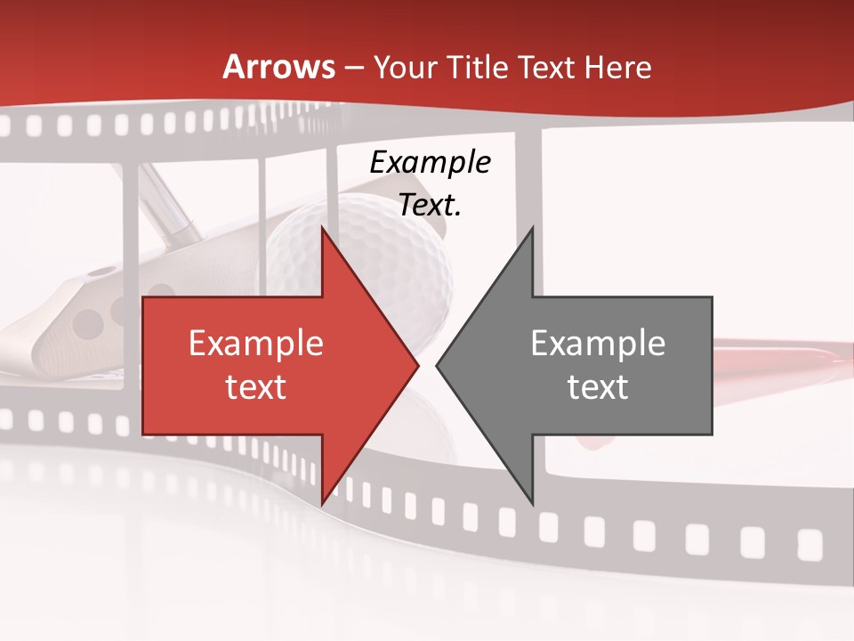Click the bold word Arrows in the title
tap(278, 67)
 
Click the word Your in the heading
tap(405, 68)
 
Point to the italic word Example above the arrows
tap(430, 163)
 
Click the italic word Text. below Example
tap(430, 205)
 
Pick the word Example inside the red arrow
tap(255, 343)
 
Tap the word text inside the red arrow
tap(255, 386)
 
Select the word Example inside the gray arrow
tap(598, 343)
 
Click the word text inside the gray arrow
tap(598, 386)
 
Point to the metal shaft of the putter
tap(169, 205)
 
